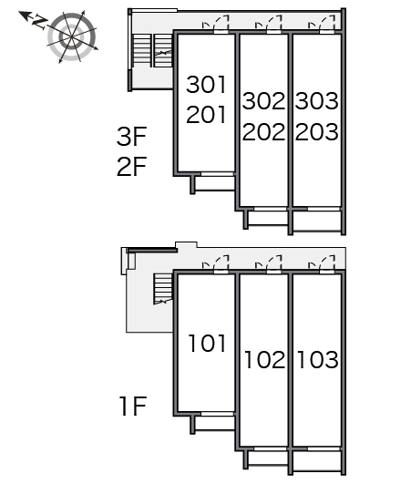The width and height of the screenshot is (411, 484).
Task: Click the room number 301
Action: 206,85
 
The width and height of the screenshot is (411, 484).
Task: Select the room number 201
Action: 206,115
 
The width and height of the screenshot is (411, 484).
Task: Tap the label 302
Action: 263,101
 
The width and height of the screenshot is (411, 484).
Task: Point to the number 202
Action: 263,132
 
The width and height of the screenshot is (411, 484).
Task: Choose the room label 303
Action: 317,101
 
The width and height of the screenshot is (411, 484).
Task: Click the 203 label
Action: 317,132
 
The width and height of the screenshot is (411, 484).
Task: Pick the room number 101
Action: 207,344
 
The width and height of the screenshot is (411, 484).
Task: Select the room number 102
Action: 265,360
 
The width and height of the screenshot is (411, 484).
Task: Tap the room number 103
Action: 318,360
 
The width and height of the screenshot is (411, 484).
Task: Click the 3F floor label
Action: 131,137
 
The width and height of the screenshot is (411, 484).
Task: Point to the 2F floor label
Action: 131,167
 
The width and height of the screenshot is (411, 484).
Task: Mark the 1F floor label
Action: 133,407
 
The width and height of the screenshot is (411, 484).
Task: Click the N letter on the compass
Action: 39,22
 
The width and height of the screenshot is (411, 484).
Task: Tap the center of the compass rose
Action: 72,37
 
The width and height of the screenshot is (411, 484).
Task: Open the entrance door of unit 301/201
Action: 216,24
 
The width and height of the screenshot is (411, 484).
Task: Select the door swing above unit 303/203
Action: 322,24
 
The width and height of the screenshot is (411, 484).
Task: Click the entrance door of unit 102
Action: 269,264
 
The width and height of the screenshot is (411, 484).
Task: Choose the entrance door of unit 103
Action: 322,264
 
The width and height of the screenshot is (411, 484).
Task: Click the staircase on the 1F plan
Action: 162,289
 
